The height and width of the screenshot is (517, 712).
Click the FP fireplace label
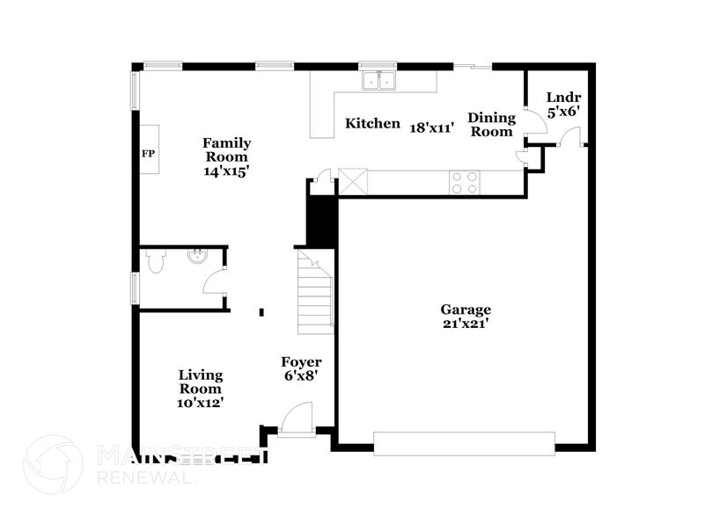(148, 153)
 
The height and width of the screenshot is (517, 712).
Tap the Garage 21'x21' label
(466, 317)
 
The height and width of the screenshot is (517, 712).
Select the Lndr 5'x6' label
(562, 105)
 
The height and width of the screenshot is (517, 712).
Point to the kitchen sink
(380, 82)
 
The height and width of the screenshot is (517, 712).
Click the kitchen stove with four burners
(465, 182)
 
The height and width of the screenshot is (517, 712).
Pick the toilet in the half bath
(156, 262)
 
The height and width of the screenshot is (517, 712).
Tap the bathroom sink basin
(196, 258)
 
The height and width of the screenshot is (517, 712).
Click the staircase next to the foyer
(315, 289)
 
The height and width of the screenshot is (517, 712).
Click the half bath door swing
(214, 284)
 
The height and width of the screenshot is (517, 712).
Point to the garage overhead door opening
(465, 441)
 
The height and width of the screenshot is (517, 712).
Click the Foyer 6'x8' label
(301, 368)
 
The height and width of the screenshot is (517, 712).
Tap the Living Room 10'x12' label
(201, 388)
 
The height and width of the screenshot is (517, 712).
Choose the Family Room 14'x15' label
(226, 157)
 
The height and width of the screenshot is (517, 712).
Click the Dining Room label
(490, 125)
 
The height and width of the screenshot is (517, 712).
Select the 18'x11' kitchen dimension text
(432, 127)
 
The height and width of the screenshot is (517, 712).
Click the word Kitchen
(372, 124)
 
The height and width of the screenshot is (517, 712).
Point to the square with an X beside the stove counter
(354, 182)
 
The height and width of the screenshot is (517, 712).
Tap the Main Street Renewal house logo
(55, 466)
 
